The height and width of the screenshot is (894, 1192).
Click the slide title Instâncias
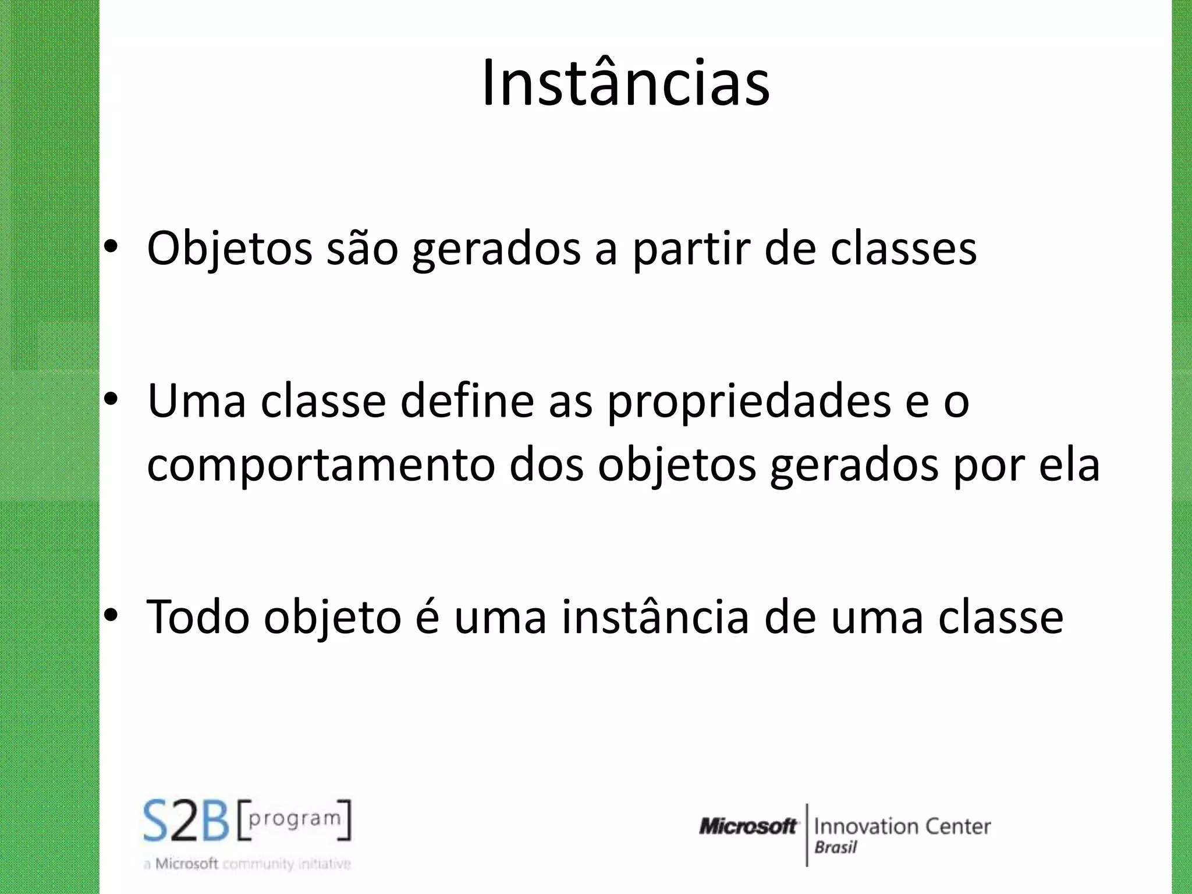(626, 83)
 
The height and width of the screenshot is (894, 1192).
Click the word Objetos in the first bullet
(229, 249)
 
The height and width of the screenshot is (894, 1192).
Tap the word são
(362, 249)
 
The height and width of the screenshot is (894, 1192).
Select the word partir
(691, 249)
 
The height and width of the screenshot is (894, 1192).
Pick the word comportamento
(321, 466)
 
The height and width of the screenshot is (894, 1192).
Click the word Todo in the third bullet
(198, 617)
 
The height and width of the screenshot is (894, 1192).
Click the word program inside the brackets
(295, 818)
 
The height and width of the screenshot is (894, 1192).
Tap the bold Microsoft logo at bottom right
(747, 826)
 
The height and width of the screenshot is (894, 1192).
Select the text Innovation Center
(902, 826)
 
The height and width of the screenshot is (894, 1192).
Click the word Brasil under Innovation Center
(836, 848)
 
